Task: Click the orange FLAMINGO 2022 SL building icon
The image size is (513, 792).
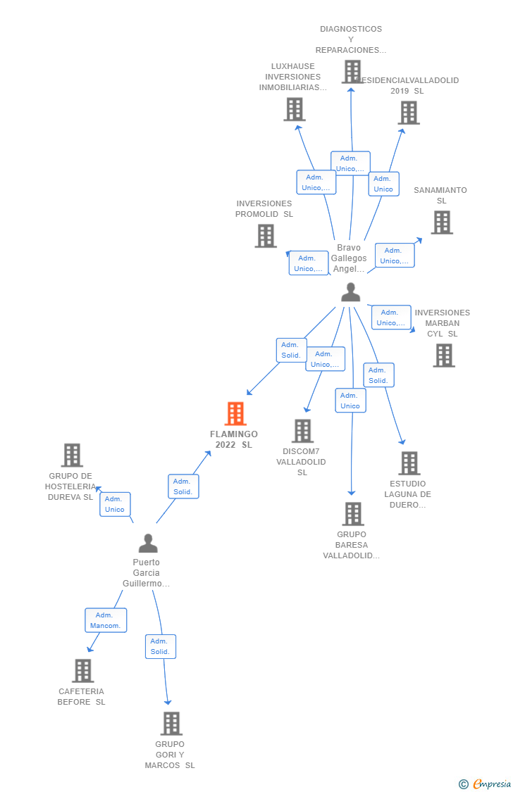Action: tap(235, 414)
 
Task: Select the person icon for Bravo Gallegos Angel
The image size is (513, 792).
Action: tap(350, 291)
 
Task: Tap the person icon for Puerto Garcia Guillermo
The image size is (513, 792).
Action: tap(148, 543)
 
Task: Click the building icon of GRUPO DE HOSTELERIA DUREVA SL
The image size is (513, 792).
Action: tap(72, 455)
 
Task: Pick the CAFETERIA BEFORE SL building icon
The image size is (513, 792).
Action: tap(83, 671)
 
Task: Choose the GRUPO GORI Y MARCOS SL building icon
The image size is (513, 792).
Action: tap(171, 724)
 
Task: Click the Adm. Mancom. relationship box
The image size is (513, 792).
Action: tap(106, 620)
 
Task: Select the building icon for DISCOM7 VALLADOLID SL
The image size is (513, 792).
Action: tap(302, 431)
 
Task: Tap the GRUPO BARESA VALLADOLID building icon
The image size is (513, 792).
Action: tap(353, 514)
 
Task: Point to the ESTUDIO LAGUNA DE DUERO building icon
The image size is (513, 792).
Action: tap(409, 463)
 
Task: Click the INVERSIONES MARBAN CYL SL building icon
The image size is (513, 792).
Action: tap(444, 356)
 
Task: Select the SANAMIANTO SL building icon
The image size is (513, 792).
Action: tap(442, 222)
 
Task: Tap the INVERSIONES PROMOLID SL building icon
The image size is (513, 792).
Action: tap(266, 236)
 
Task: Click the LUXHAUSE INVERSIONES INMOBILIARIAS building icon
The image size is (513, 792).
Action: tap(295, 109)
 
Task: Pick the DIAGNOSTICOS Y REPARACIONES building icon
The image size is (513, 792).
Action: tap(352, 71)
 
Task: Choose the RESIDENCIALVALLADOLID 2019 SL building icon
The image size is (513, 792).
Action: tap(409, 113)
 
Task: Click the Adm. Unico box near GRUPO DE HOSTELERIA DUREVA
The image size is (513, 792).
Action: tap(115, 504)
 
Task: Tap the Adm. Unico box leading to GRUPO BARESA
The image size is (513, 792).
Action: tap(350, 401)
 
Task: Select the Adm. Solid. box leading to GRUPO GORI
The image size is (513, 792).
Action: tap(160, 646)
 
